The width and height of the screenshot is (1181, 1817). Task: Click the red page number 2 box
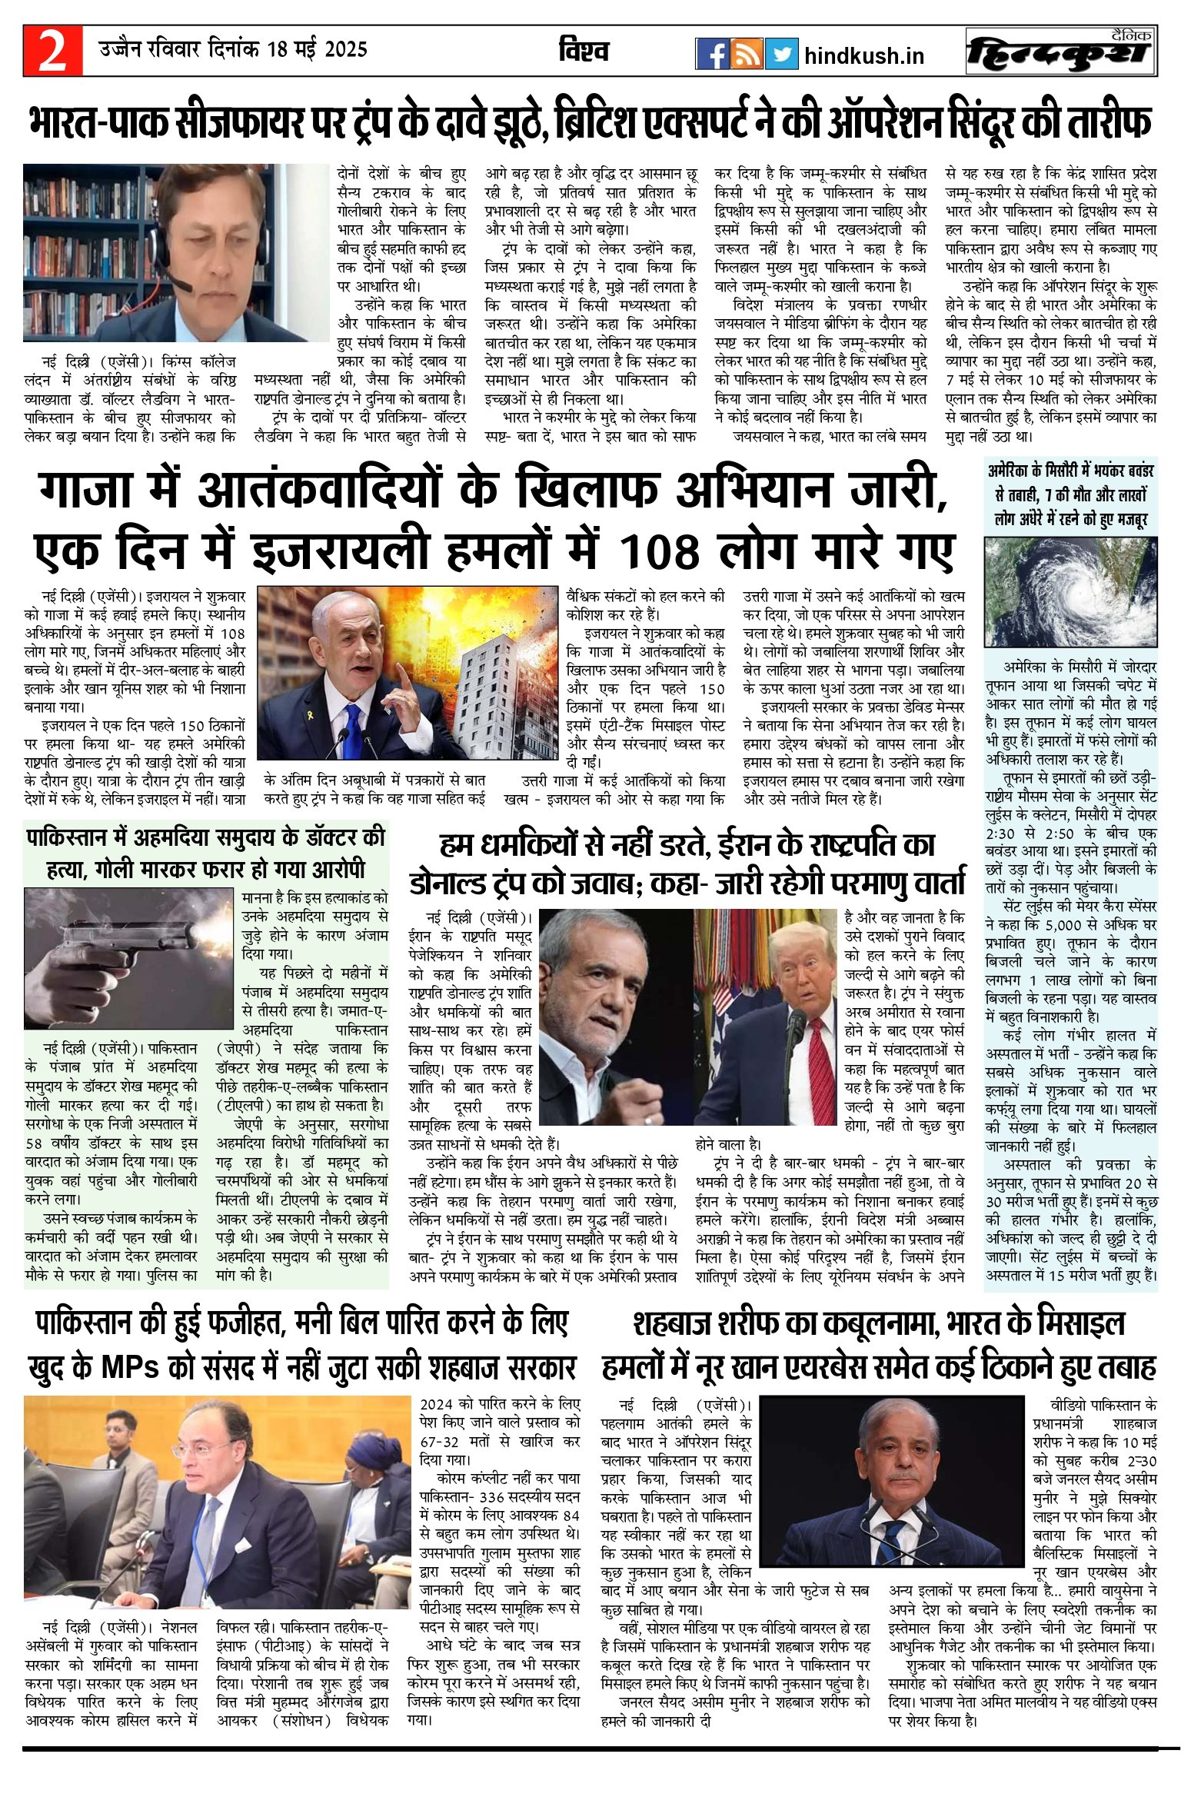click(x=52, y=51)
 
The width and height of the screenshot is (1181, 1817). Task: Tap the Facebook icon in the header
click(x=712, y=54)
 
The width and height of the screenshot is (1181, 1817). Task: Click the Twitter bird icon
click(x=781, y=54)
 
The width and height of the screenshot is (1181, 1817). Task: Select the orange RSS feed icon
click(x=747, y=54)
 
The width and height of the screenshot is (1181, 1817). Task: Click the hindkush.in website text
click(x=863, y=56)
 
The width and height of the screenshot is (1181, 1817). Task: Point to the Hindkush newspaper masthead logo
click(x=1061, y=52)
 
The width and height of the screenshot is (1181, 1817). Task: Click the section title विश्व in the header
click(x=584, y=52)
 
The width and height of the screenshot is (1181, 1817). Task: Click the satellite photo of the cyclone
click(x=1071, y=591)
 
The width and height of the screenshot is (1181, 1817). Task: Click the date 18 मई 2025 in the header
click(x=317, y=50)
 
